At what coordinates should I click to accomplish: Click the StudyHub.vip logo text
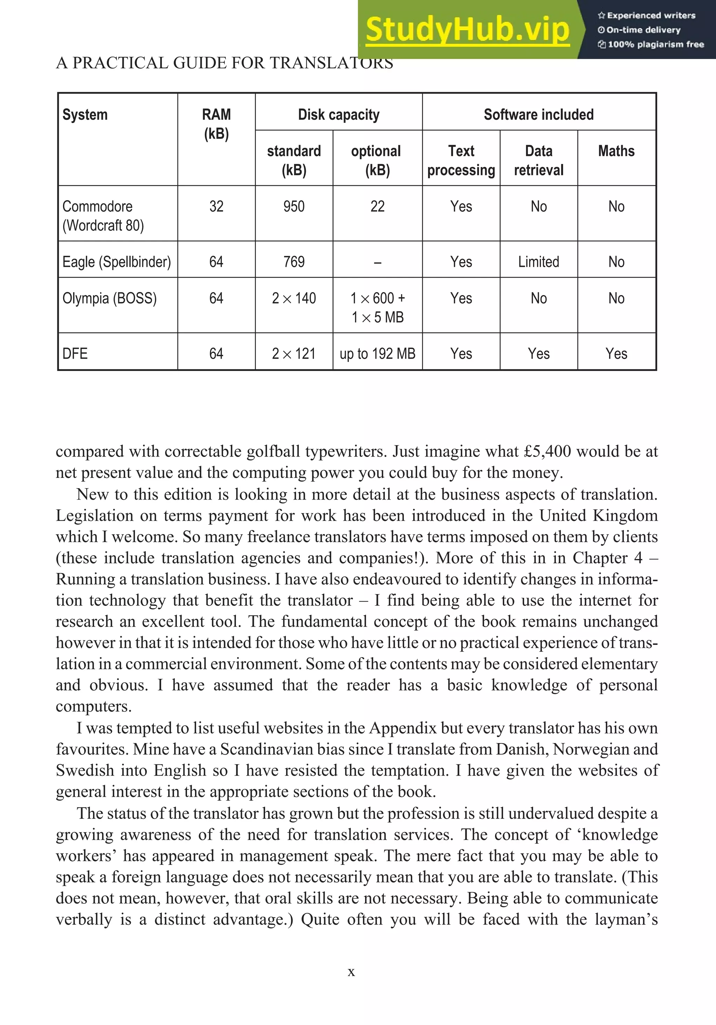point(467,29)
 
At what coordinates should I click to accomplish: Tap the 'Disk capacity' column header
point(338,115)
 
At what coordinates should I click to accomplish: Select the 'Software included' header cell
point(539,115)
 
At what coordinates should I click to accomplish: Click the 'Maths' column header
point(616,151)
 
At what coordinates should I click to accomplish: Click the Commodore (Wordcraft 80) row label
point(103,216)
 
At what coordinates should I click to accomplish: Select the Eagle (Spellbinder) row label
point(116,262)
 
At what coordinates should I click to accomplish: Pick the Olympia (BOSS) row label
point(109,298)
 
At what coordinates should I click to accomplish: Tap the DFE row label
point(75,354)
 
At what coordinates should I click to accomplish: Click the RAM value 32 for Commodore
point(216,206)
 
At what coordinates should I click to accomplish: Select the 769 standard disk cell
point(294,262)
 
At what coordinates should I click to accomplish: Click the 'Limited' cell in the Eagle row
point(539,262)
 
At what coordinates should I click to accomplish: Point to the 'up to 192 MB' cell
point(378,354)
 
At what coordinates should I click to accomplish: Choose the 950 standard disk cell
point(294,206)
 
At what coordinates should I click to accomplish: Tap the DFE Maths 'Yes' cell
point(616,354)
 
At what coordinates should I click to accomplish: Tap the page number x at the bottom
point(351,972)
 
